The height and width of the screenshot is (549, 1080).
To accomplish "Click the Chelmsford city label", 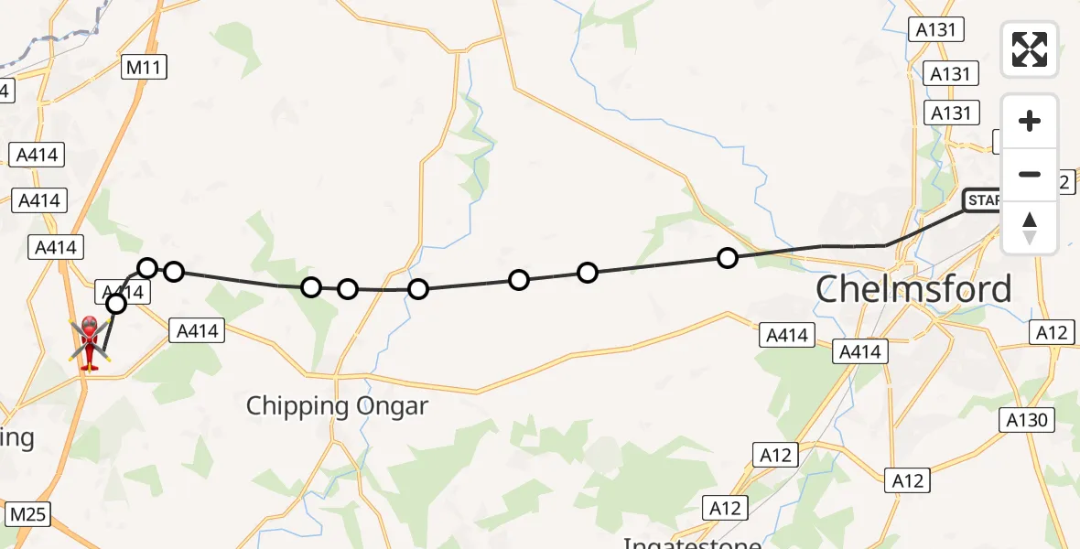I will pyautogui.click(x=913, y=289).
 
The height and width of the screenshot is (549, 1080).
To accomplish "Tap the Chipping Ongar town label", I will pyautogui.click(x=337, y=405).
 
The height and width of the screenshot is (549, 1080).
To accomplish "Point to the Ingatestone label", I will pyautogui.click(x=692, y=542).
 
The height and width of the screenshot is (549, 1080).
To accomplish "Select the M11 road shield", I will pyautogui.click(x=145, y=66).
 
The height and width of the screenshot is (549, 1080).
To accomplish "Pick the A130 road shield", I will pyautogui.click(x=1029, y=420).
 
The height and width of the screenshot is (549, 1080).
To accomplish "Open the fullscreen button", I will pyautogui.click(x=1030, y=49).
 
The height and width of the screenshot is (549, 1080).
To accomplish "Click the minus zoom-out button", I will pyautogui.click(x=1030, y=174).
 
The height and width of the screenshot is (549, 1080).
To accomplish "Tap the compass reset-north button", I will pyautogui.click(x=1030, y=227).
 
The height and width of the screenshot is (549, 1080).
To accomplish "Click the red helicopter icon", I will pyautogui.click(x=90, y=343).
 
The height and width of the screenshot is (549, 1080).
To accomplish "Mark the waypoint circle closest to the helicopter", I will pyautogui.click(x=116, y=304).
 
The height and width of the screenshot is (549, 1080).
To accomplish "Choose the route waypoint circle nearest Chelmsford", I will pyautogui.click(x=728, y=258).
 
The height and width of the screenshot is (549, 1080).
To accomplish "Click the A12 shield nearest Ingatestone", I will pyautogui.click(x=726, y=507).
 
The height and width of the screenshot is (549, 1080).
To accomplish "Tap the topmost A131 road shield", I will pyautogui.click(x=936, y=29).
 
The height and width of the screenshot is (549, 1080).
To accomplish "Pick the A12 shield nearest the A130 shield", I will pyautogui.click(x=1052, y=332).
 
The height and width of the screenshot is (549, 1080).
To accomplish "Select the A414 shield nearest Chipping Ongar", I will pyautogui.click(x=197, y=331).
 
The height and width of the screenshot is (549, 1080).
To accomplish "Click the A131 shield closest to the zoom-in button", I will pyautogui.click(x=950, y=113).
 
